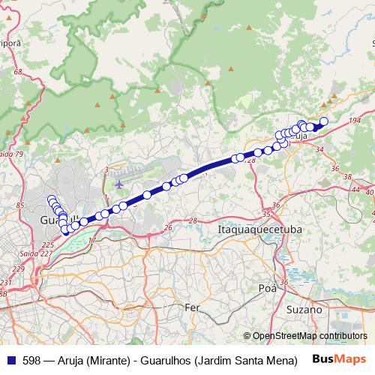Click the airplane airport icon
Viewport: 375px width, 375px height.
coord(118,183)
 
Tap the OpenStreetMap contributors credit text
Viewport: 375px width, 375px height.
coord(309,336)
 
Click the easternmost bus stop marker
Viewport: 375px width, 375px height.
coord(324,121)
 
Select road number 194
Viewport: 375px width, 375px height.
coord(355,120)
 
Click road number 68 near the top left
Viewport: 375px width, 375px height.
coord(18,72)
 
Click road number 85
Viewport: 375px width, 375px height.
coord(20,205)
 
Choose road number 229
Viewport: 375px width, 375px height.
coord(18,268)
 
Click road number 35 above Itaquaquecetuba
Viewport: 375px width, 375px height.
coord(267,213)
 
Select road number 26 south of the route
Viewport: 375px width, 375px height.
coord(169,226)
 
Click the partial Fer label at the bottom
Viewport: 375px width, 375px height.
coord(193,307)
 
